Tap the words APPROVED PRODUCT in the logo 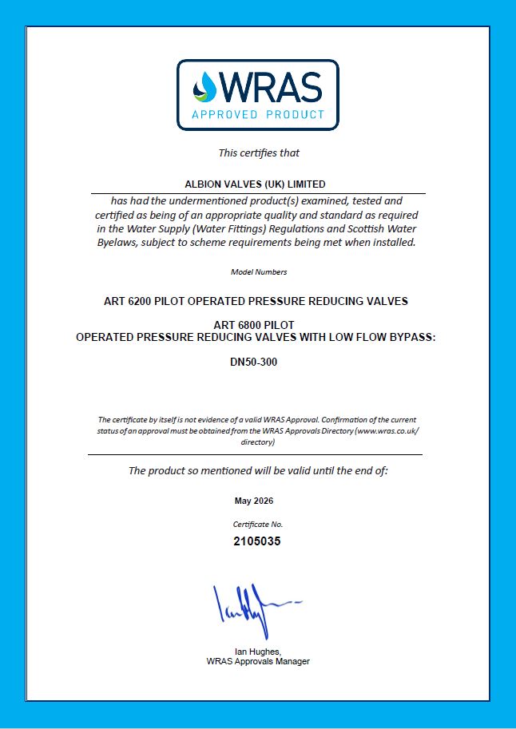[x=258, y=114]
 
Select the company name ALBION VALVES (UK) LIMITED [x=256, y=184]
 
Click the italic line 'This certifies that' [x=259, y=153]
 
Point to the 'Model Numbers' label [x=258, y=272]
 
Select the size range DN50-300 [x=256, y=361]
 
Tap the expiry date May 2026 [x=254, y=501]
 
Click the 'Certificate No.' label [x=257, y=525]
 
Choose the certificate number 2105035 [x=257, y=541]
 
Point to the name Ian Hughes [x=257, y=652]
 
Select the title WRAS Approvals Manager [x=257, y=661]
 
